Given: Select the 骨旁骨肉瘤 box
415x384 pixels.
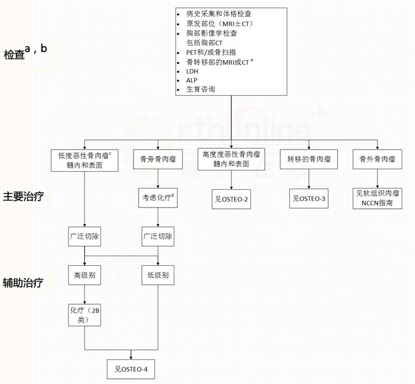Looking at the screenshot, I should (x=156, y=159).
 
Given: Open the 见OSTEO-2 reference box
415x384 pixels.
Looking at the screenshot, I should (x=232, y=199).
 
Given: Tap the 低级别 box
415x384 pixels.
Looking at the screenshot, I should (x=156, y=276).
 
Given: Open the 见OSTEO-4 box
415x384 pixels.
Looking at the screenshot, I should (x=131, y=369).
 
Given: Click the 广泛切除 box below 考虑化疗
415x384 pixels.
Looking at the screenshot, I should (x=156, y=236).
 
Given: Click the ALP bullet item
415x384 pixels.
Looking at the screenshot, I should (x=192, y=81).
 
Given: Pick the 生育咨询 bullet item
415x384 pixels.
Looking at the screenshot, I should (x=200, y=89).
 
